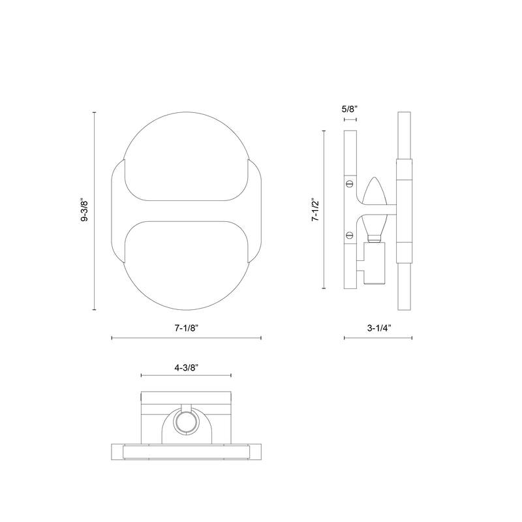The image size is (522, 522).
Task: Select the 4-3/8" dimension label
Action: (186, 367)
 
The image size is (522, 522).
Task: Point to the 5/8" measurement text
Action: (349, 110)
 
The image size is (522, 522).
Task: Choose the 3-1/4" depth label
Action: (378, 328)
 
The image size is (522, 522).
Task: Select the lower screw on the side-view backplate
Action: (349, 235)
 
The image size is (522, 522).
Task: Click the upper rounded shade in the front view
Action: (186, 157)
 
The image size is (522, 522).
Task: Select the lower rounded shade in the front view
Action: (186, 268)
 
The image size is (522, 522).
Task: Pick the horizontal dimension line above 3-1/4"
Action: (378, 338)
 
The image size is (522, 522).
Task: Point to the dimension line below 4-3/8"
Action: (186, 376)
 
